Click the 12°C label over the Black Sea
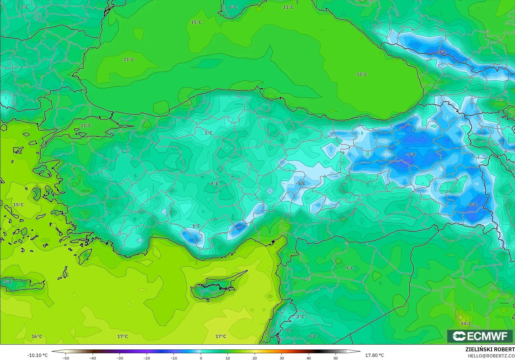[x=362, y=74]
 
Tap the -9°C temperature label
[x=442, y=52]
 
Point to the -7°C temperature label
[x=411, y=155]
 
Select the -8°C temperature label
[x=472, y=205]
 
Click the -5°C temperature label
[x=300, y=183]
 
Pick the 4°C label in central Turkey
[x=214, y=183]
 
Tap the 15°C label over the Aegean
[x=18, y=205]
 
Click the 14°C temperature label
[x=466, y=324]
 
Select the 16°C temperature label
[x=37, y=337]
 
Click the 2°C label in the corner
[x=24, y=7]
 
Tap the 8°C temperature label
[x=233, y=7]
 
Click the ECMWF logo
[x=480, y=336]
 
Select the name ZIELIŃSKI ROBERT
[x=490, y=350]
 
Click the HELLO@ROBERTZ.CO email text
[x=491, y=356]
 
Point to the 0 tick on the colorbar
[x=201, y=358]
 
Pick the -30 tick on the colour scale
[x=120, y=358]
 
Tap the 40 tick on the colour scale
[x=308, y=358]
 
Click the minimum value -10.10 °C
[x=38, y=355]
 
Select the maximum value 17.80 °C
[x=374, y=355]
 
